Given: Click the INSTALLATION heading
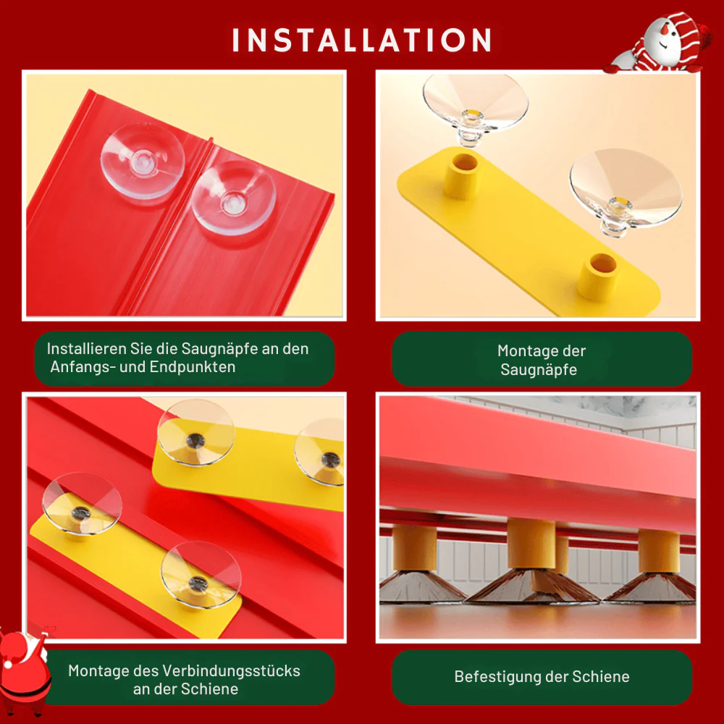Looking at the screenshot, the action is tap(362, 40).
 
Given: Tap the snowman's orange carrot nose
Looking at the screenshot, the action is tap(664, 29).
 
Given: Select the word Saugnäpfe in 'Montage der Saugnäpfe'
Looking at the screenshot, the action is tap(539, 369).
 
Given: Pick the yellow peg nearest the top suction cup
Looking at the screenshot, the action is tap(460, 176).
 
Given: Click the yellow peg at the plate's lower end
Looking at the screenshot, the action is tap(597, 277).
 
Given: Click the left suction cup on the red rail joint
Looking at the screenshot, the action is tap(143, 161).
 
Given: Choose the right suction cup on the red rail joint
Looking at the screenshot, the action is tap(234, 198).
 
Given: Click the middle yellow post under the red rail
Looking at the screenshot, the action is tap(531, 544).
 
